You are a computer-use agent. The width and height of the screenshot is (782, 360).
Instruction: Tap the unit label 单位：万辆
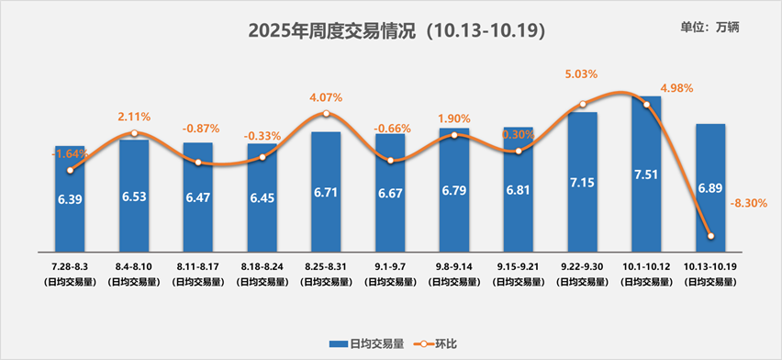click(x=710, y=27)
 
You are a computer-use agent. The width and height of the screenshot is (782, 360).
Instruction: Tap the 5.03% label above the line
click(x=583, y=74)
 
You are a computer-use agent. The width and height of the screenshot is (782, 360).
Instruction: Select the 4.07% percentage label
click(x=326, y=96)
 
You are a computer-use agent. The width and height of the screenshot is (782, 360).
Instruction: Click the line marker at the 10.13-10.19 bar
click(x=710, y=237)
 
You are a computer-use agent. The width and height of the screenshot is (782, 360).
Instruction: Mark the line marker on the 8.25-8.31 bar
click(x=326, y=115)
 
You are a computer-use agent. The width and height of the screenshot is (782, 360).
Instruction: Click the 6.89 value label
click(x=710, y=187)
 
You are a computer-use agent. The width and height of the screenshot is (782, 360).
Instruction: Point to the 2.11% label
click(x=134, y=117)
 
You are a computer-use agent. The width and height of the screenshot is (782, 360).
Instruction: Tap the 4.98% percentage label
click(x=676, y=88)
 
